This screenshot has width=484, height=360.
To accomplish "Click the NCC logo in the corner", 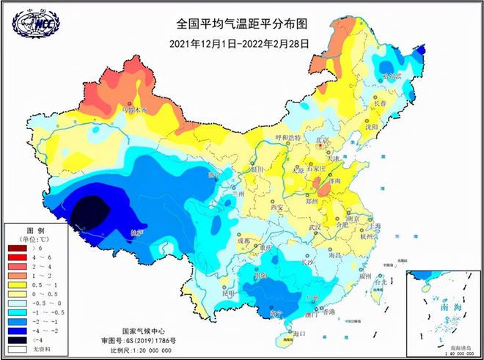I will click(34, 24).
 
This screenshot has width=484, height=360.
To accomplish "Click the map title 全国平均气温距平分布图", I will click(240, 26).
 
